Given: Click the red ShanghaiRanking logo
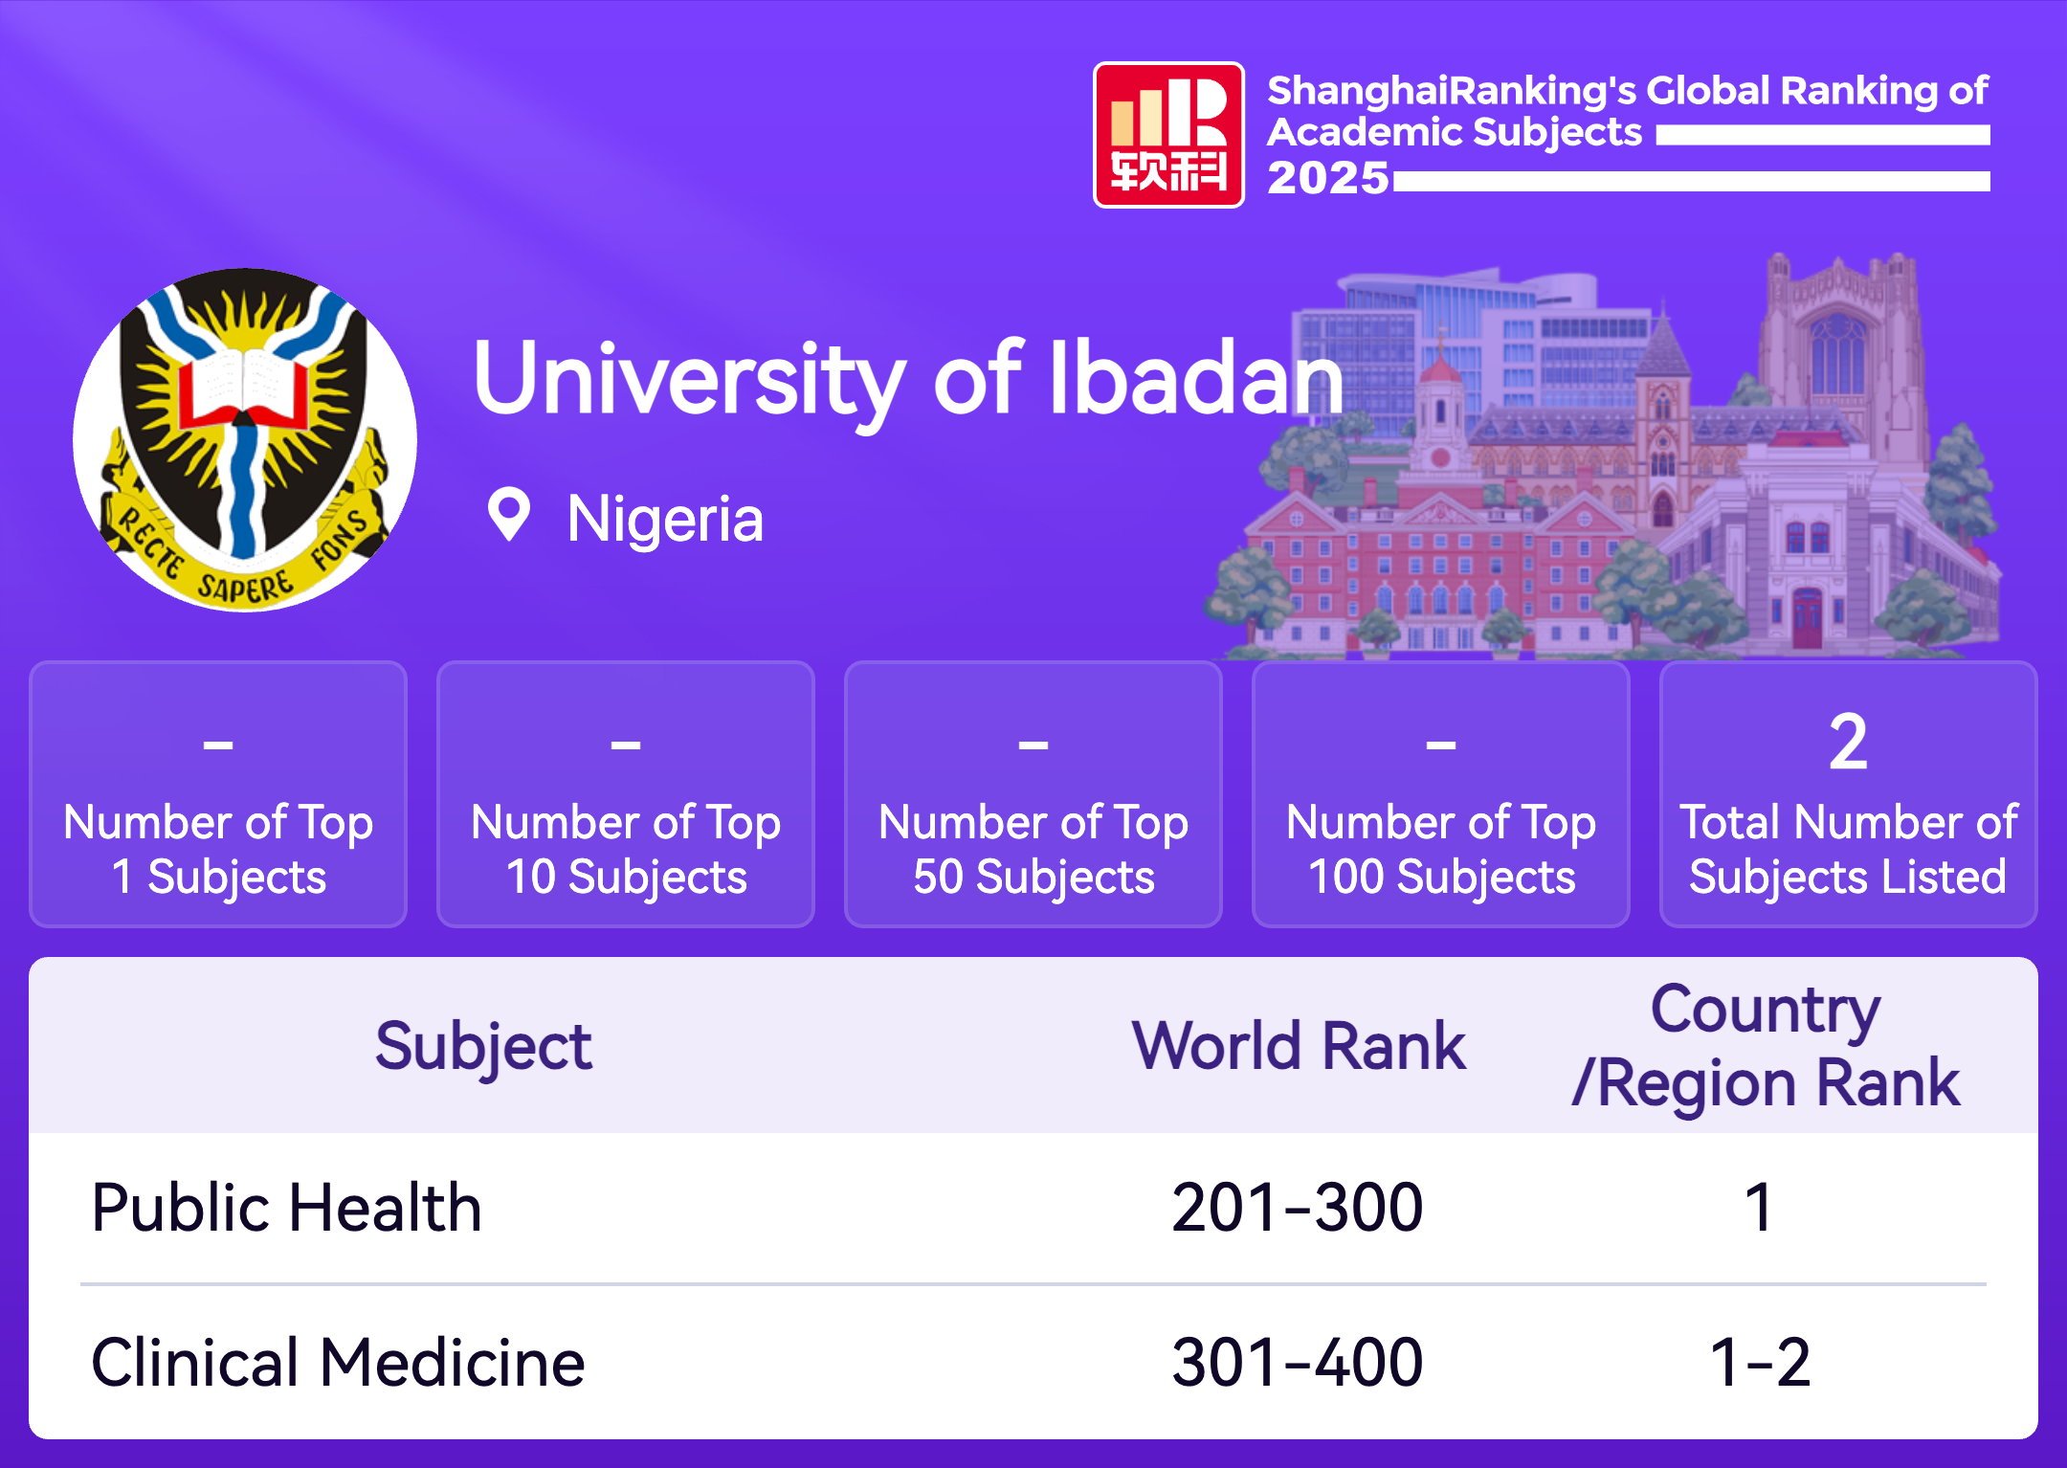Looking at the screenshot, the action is click(1168, 135).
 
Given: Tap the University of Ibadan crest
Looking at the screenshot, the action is click(245, 439).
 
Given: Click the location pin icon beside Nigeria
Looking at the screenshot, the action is click(508, 514).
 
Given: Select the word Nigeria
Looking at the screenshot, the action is click(665, 519).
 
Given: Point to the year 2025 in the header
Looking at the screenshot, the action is click(1327, 178).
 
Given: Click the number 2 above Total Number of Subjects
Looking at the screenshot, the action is click(1848, 742).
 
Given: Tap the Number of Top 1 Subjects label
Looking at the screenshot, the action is click(218, 850).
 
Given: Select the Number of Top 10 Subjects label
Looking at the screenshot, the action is click(626, 850).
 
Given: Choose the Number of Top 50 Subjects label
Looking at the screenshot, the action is click(1033, 850).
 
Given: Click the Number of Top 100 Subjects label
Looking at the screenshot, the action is click(1441, 850).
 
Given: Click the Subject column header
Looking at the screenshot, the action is click(483, 1047).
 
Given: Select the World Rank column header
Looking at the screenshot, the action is click(1299, 1045).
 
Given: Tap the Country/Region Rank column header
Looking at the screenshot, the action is click(1767, 1046).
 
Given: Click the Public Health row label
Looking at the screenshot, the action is click(286, 1207).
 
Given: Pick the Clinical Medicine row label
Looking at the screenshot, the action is click(338, 1362).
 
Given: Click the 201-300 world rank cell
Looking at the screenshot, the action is click(1298, 1207).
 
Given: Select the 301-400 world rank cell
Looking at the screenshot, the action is click(1298, 1362).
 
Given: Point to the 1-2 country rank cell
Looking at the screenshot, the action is click(1760, 1362).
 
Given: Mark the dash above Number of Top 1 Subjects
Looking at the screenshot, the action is click(218, 744).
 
